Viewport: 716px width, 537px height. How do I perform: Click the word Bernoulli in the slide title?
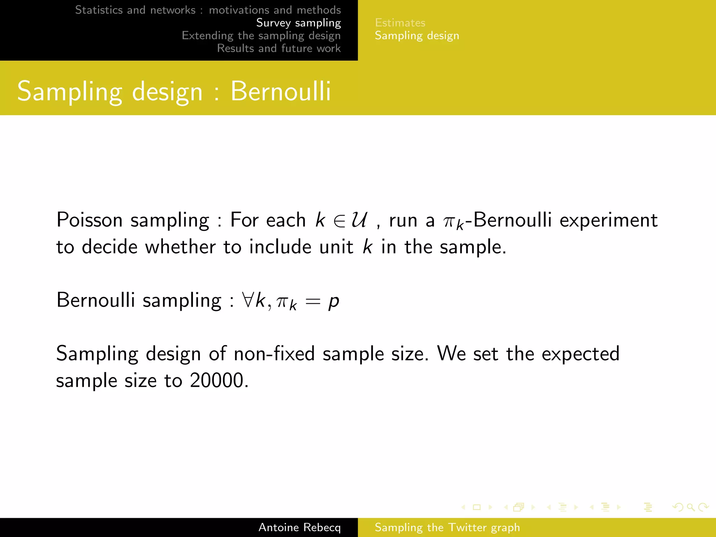pos(280,92)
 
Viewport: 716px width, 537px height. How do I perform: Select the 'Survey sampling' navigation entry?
pos(298,23)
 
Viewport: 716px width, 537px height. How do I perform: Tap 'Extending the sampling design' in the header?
pos(261,36)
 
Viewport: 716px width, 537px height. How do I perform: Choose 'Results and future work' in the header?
pos(279,48)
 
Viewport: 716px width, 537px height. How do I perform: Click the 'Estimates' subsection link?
pos(400,23)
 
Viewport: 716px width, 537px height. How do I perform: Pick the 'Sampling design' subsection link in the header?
pos(417,36)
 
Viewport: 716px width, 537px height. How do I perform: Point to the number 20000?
pos(217,380)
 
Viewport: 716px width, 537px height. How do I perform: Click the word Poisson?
pos(89,220)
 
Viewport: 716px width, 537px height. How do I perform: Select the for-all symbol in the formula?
pos(248,300)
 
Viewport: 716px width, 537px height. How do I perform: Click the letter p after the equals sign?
pos(334,301)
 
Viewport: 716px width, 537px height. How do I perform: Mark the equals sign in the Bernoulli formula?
pos(313,301)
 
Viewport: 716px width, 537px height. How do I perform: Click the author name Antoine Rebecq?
pos(299,527)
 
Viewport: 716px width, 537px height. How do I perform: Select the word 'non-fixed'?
pos(274,354)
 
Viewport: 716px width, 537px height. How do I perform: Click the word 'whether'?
pos(180,247)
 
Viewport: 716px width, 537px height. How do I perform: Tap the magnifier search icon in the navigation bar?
pos(690,507)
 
